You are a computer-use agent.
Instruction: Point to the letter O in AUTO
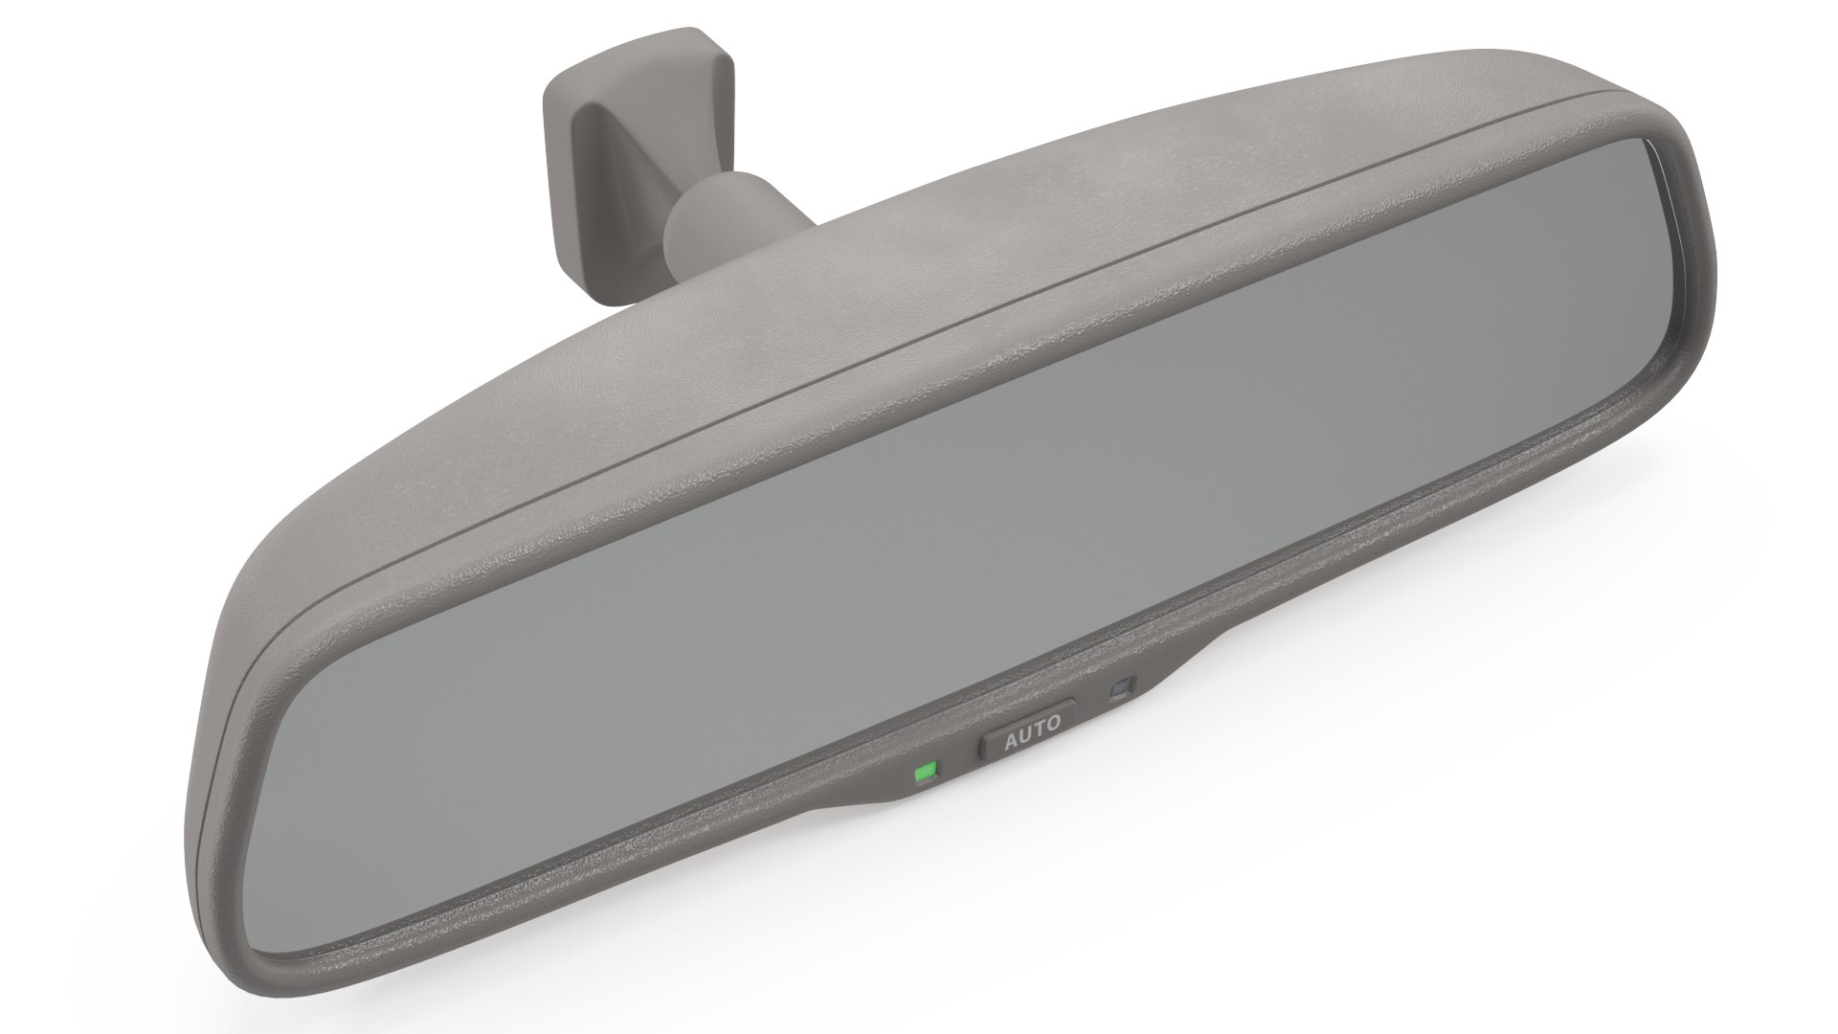point(1054,723)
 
